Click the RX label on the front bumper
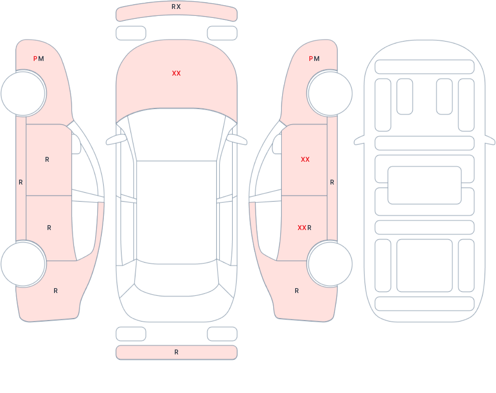coord(176,7)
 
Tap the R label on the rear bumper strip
coord(176,352)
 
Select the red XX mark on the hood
coord(176,74)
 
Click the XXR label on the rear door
coord(305,228)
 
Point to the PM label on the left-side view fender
coord(39,59)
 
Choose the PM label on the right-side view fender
coord(314,59)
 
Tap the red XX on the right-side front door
coord(305,160)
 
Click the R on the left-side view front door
coord(47,160)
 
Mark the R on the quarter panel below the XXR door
coord(297,291)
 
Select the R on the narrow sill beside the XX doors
coord(332,182)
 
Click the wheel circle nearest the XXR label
coord(330,264)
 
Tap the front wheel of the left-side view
coord(23,93)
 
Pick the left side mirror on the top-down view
coord(116,140)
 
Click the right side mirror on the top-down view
coord(237,140)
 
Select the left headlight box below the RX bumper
coord(131,33)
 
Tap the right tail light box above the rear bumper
coord(222,334)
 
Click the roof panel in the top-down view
coord(176,209)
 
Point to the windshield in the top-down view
coord(176,134)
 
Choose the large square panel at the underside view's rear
coord(424,265)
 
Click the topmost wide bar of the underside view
coord(424,67)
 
